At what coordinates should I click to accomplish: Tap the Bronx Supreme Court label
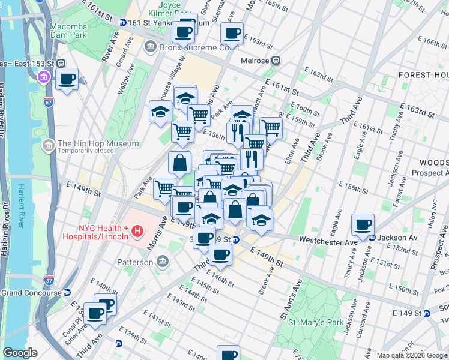pos(190,47)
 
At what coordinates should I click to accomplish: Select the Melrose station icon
pos(277,61)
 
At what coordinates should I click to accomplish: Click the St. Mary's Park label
pos(315,322)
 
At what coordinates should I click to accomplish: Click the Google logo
pos(20,353)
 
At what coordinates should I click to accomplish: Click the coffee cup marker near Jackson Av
pos(363,225)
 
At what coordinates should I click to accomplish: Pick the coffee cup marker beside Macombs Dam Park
pos(67,79)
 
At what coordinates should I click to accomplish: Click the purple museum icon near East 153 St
pos(44,77)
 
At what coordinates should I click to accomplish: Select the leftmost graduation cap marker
pos(160,112)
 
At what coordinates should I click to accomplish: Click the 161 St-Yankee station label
pos(166,22)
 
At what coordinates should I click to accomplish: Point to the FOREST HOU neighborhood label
pos(422,74)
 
